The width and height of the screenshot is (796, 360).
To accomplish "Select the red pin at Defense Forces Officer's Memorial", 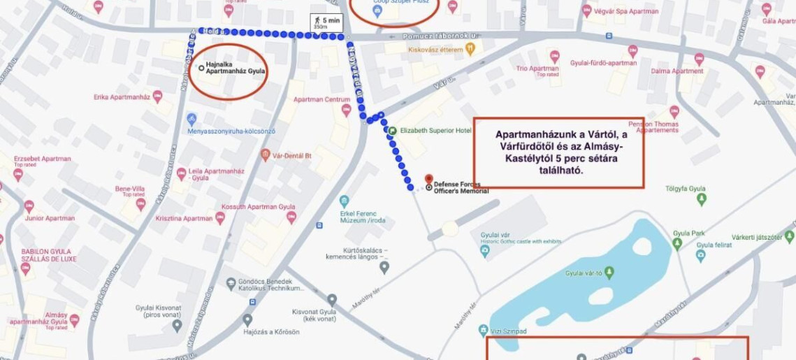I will (429, 179).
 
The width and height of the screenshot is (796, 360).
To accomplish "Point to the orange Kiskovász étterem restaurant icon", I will (470, 50).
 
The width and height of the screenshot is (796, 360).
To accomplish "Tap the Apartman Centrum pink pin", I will (345, 110).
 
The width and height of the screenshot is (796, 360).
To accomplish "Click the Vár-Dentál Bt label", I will (291, 155).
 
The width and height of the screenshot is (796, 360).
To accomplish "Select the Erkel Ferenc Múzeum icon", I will (344, 201).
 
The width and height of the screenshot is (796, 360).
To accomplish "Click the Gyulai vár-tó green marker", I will (609, 273).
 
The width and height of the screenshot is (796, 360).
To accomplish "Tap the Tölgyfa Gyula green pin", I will (702, 199).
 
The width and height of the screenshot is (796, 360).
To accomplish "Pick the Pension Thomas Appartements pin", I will (674, 111).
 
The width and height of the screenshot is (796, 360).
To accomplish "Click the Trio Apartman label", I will (537, 69).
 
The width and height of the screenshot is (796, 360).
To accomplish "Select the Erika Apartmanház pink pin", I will (157, 96).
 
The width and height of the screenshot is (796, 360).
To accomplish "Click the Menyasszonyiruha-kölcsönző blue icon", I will (192, 119).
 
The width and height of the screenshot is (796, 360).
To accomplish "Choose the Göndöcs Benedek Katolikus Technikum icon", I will (231, 284).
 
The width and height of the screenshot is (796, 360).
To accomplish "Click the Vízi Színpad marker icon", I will (482, 330).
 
